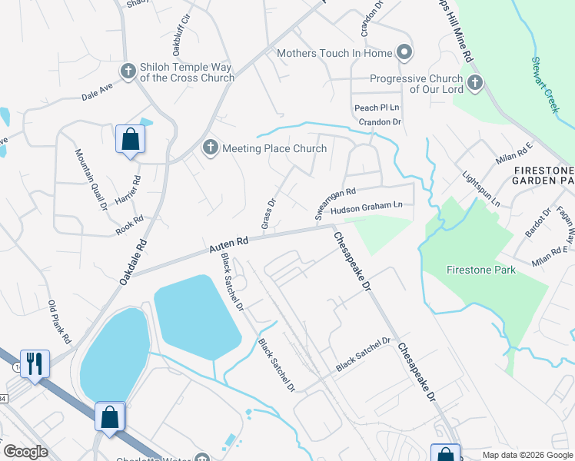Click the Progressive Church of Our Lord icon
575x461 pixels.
pos(474,83)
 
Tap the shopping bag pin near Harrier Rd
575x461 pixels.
pos(130,140)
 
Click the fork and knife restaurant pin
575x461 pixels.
pos(35,363)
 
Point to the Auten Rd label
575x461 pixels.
pos(229,245)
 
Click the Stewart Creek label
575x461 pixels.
pos(545,85)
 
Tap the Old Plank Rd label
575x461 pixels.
pos(59,321)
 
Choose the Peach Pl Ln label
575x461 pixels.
pos(377,108)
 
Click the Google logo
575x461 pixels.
pos(25,452)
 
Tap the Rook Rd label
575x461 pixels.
pos(130,224)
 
